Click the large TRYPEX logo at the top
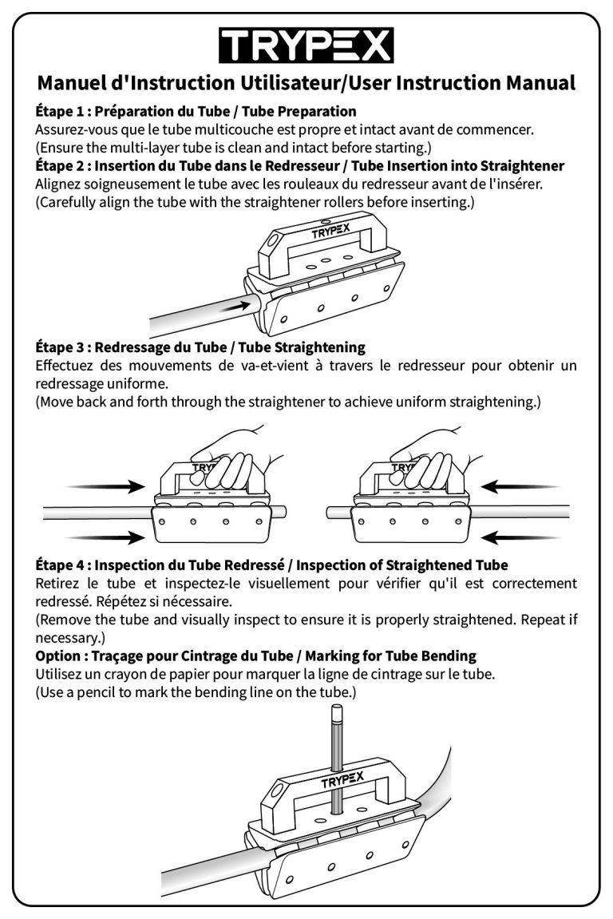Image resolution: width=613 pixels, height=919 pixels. [x=306, y=45]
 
